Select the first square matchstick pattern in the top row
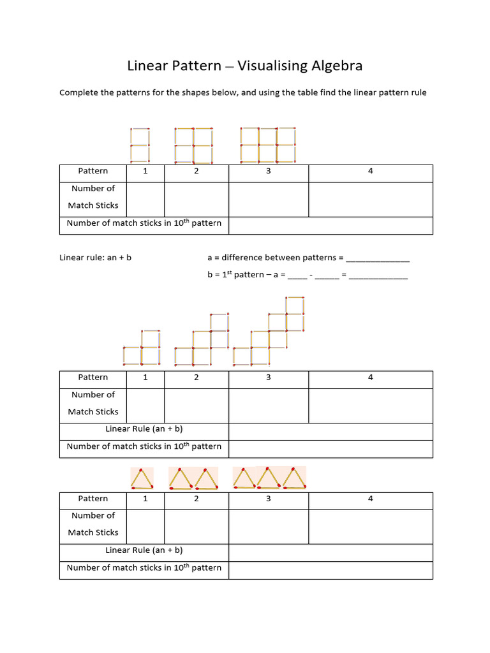[140, 145]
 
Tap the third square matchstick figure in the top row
[269, 145]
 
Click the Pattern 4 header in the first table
[370, 171]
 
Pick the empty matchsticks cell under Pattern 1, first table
[145, 200]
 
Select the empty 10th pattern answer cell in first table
[330, 225]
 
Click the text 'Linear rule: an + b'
[95, 258]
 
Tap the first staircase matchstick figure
[141, 348]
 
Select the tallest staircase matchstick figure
[269, 332]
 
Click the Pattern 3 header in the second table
[269, 378]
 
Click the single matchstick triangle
[142, 478]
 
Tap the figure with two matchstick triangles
[193, 478]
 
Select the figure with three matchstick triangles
[269, 478]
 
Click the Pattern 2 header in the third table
[197, 499]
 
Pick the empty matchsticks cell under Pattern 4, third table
[370, 526]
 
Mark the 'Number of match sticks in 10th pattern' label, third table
[144, 568]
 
